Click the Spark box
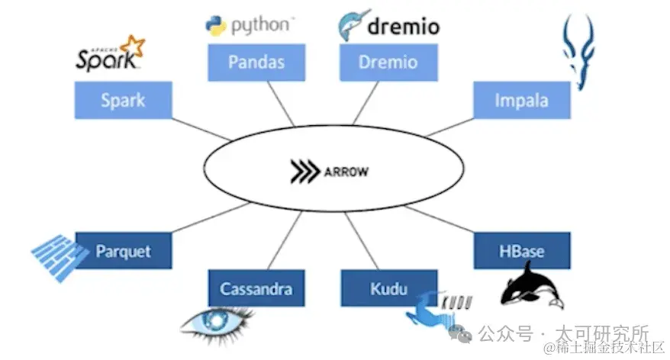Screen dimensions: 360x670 click(x=123, y=100)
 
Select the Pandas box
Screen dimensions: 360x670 click(x=256, y=62)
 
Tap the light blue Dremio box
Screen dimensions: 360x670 click(x=388, y=62)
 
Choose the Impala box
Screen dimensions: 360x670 click(x=521, y=100)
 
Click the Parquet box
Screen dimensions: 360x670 click(x=123, y=251)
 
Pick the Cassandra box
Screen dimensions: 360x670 click(x=256, y=288)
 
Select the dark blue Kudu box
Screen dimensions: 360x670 click(x=388, y=288)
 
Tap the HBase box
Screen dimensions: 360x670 click(x=521, y=251)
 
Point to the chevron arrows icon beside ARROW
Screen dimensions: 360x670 click(x=304, y=172)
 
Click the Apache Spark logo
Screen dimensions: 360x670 click(x=109, y=55)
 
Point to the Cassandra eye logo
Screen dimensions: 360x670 click(x=217, y=321)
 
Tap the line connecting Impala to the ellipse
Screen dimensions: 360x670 click(x=449, y=127)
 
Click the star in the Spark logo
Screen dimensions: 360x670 click(x=134, y=46)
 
